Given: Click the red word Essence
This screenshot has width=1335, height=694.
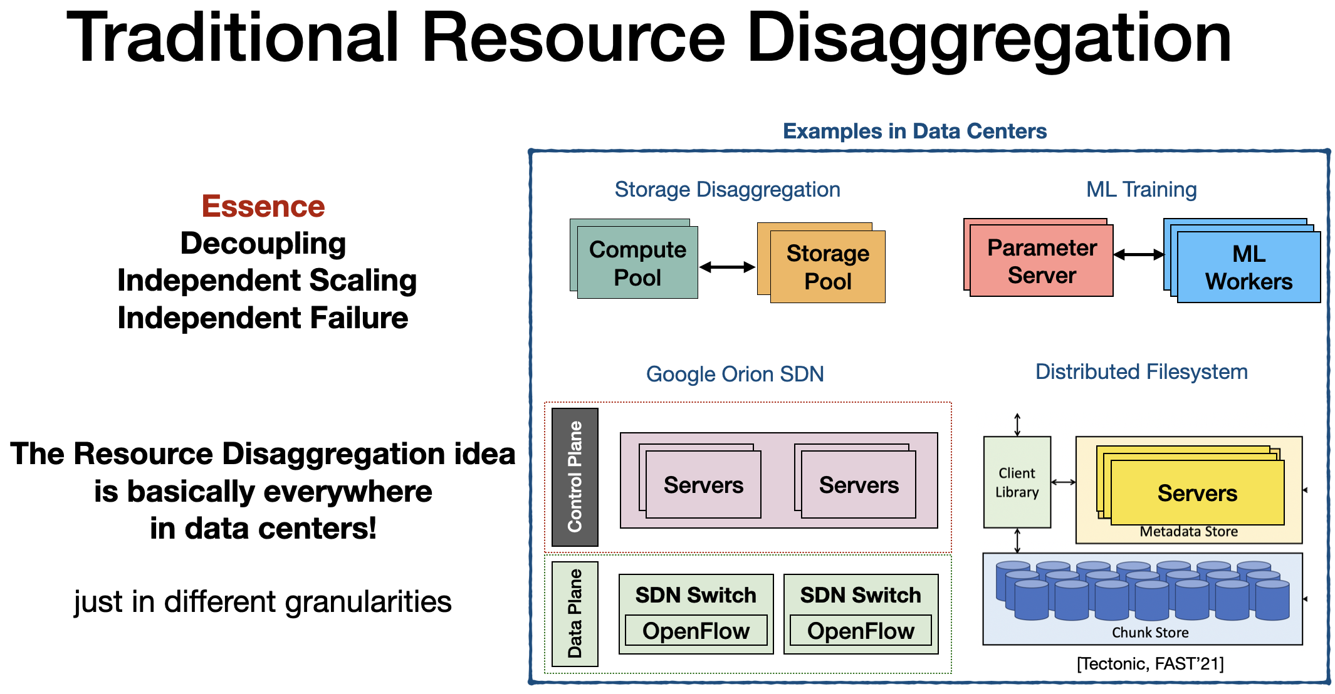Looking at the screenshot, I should coord(263,207).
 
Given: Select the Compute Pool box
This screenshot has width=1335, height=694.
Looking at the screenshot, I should coord(637,263).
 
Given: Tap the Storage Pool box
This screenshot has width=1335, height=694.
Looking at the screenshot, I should coord(827,267).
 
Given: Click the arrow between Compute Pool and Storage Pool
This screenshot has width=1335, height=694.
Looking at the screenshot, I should coord(727,267).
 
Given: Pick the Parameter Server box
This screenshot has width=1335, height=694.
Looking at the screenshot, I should coord(1041,261).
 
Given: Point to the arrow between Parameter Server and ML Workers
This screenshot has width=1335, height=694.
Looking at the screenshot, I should coord(1139,254).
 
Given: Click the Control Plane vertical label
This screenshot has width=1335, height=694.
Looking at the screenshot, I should coord(575,477).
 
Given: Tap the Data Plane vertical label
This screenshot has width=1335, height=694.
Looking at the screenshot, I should coord(575,613).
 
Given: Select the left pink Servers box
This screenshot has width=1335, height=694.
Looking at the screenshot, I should coord(703,485).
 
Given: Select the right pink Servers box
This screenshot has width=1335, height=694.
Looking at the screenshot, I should coord(859,485).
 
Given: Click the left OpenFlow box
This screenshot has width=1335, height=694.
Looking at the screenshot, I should coord(696,631).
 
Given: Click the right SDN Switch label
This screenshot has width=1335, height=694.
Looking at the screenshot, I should coord(861,594).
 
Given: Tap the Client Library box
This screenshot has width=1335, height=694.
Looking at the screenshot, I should coord(1017,482).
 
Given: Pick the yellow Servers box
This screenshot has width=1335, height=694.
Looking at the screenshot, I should coord(1197,493).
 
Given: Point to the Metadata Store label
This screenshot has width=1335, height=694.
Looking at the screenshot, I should coord(1188,532).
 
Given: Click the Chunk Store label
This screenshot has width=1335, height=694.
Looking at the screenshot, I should coord(1149,633).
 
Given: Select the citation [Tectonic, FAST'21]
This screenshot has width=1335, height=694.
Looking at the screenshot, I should coord(1149,663).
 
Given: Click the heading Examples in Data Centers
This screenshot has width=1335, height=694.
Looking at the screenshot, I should coord(914,131).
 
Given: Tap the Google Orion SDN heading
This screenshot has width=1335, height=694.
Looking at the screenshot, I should coord(735,374).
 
